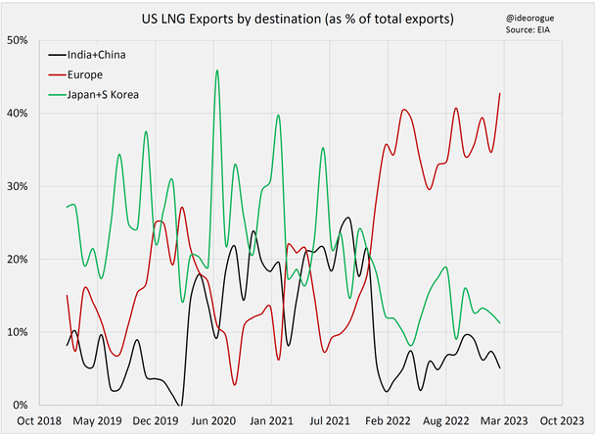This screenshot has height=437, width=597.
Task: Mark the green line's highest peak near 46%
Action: click(216, 71)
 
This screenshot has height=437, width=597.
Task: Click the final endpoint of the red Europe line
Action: click(500, 94)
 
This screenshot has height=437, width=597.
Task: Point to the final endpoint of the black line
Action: click(500, 368)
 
